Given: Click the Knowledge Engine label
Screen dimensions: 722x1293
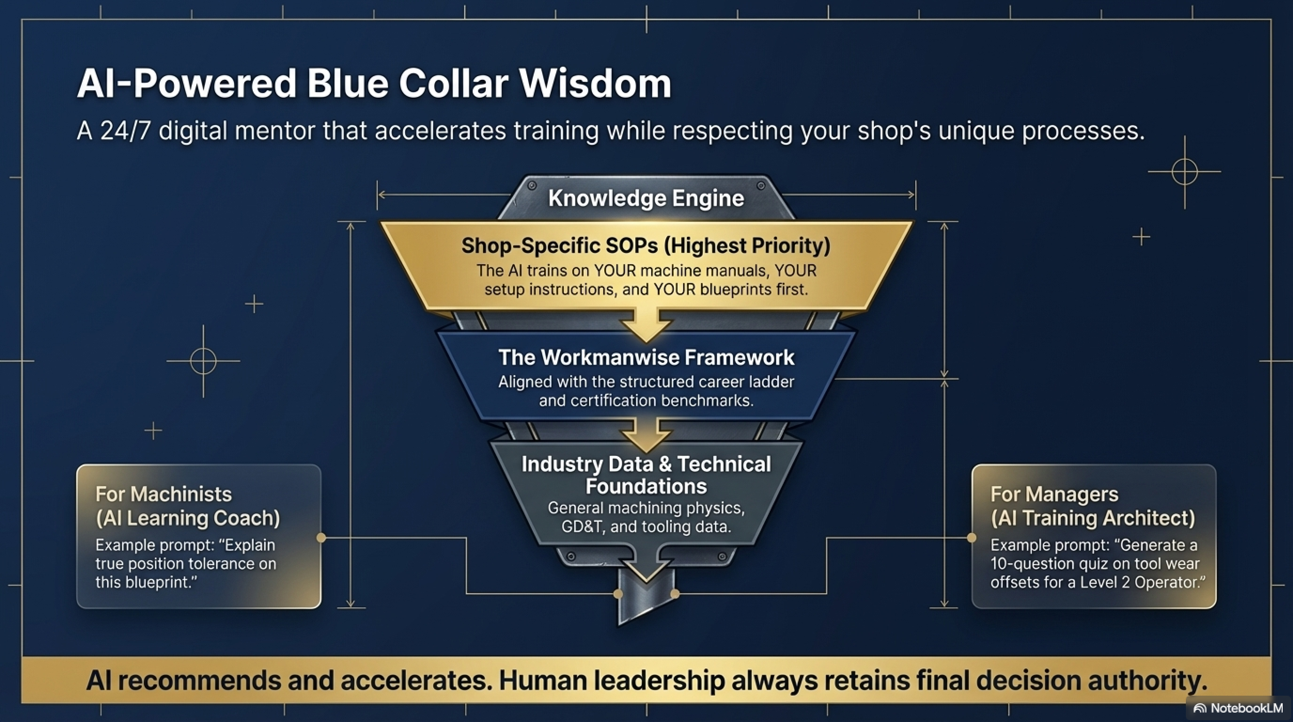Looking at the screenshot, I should click(x=646, y=198).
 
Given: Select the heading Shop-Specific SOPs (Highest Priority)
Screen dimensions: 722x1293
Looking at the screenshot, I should click(x=646, y=245).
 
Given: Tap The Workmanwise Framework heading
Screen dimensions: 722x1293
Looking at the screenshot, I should click(x=646, y=358).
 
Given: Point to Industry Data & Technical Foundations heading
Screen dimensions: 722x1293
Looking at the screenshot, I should click(x=646, y=475).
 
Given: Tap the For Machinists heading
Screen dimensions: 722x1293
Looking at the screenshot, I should click(x=164, y=494).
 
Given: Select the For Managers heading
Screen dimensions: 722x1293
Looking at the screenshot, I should click(x=1054, y=494).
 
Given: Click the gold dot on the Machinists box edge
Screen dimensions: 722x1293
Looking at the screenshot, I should click(x=321, y=538).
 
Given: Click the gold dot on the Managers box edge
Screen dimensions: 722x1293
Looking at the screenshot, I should click(x=972, y=538).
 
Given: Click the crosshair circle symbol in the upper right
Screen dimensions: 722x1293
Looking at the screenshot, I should click(x=1184, y=172).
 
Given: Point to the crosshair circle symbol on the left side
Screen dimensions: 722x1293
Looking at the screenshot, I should click(x=203, y=361).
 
